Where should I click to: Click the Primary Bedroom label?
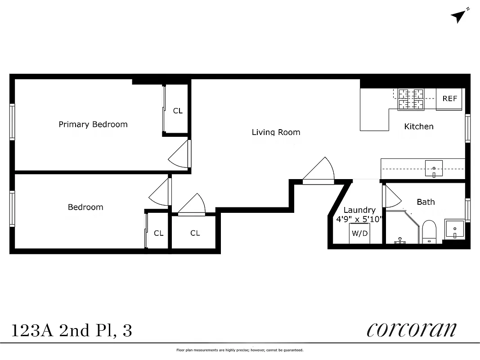pos(93,124)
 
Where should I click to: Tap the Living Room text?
pos(276,132)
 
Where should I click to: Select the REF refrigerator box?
pos(449,99)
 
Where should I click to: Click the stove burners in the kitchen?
pos(410,99)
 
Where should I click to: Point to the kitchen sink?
pos(434,168)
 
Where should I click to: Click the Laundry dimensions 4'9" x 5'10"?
pos(359,219)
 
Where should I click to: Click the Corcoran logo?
pos(411,329)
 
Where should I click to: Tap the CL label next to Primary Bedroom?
pos(178,110)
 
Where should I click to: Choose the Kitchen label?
pos(418,126)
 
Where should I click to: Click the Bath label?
pos(426,202)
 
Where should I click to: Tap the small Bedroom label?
pos(85,207)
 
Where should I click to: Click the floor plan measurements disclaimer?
pos(240,350)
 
